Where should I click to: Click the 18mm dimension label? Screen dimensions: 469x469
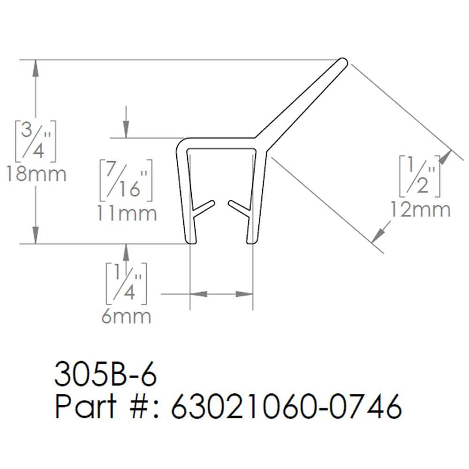point(36,174)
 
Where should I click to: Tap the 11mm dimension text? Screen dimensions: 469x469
point(127,213)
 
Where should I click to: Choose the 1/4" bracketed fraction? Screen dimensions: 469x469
point(125,284)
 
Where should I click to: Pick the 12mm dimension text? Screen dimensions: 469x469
point(420,210)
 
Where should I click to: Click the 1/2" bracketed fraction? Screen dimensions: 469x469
point(420,175)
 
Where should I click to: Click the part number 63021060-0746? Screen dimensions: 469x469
point(287,407)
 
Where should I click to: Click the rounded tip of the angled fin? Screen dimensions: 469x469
point(343,61)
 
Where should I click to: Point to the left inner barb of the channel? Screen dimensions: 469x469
point(204,209)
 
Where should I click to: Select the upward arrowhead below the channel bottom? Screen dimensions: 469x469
point(126,251)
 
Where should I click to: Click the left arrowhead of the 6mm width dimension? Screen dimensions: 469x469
point(197,294)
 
